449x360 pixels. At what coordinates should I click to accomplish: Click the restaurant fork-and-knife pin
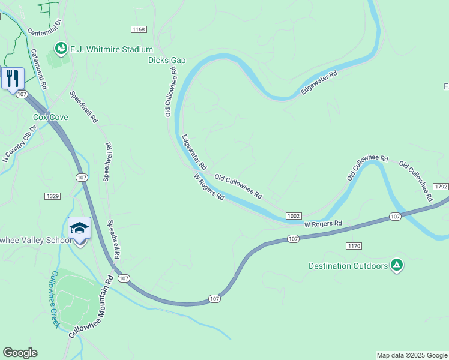click(x=13, y=78)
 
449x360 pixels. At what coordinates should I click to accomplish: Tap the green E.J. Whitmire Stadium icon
click(x=61, y=47)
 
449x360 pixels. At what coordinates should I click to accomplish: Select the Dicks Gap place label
click(x=167, y=60)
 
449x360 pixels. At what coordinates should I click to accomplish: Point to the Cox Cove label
click(x=50, y=118)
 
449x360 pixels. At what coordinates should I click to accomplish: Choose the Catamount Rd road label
click(x=38, y=70)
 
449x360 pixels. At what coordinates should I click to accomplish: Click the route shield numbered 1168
click(x=139, y=29)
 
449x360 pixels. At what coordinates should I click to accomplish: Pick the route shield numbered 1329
click(x=52, y=196)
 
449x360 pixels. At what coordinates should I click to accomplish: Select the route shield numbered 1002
click(x=294, y=216)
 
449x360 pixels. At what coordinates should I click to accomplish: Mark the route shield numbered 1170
click(x=354, y=246)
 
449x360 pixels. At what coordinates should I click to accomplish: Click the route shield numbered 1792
click(x=441, y=187)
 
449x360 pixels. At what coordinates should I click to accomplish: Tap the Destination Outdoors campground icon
click(x=396, y=265)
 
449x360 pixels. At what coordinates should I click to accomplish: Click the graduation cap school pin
click(x=79, y=229)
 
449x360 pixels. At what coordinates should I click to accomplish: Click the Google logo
click(x=20, y=353)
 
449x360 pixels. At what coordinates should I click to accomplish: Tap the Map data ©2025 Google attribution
click(x=412, y=355)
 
